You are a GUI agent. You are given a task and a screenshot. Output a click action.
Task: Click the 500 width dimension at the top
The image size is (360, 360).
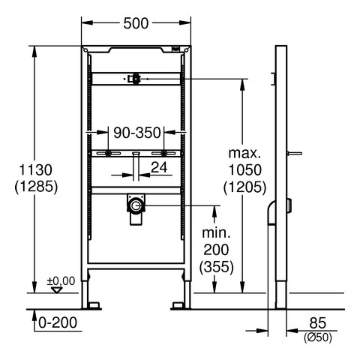[136, 23]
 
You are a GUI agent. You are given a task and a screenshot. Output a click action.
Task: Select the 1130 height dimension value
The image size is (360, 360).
[36, 170]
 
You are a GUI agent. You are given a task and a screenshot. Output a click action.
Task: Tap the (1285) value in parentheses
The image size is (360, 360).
[36, 187]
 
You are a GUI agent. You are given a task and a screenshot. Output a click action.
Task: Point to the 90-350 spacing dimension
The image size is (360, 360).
[137, 133]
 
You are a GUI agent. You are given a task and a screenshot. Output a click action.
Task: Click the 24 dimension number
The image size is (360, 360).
[159, 167]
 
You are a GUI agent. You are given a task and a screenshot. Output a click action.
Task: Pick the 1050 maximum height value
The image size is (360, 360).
[245, 170]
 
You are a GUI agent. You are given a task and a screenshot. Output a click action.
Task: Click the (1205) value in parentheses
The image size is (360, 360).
[245, 187]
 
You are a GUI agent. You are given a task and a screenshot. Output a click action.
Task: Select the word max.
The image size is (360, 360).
[244, 153]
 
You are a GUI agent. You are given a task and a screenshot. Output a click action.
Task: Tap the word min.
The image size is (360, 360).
[216, 233]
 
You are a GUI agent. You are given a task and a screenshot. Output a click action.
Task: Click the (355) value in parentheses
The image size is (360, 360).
[217, 267]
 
